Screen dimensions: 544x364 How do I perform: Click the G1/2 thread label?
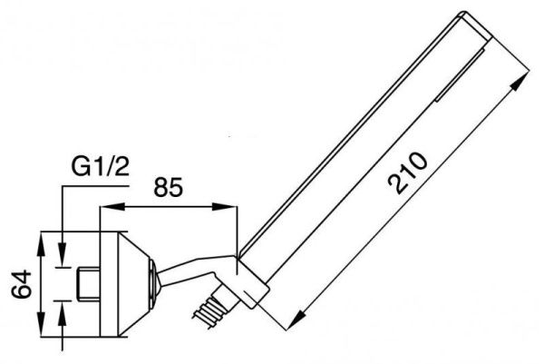point(100,167)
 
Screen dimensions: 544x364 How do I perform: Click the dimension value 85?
point(168,188)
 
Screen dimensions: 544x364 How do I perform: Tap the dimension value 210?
point(407,173)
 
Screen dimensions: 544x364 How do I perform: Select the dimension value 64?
point(22,283)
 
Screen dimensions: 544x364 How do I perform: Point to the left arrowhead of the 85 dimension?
point(112,207)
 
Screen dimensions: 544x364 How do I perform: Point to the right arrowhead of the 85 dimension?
point(225,207)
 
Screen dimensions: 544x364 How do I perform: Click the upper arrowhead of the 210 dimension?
point(520,83)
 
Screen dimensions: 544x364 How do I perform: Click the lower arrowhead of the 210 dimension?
point(296,320)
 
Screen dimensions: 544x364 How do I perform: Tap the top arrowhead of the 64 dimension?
point(41,244)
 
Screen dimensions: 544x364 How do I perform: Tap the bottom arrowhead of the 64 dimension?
point(41,324)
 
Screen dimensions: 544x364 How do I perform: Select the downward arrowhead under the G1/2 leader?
point(63,254)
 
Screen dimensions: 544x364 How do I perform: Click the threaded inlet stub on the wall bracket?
point(88,284)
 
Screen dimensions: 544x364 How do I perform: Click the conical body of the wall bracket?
point(135,284)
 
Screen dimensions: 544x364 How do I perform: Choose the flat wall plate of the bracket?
point(109,284)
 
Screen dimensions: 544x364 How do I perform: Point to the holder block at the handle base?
point(252,284)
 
